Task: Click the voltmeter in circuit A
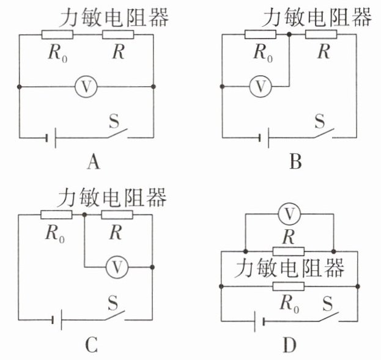(x=86, y=86)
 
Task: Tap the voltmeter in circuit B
(x=261, y=86)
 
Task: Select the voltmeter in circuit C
(x=117, y=267)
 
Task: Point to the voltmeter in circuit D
(x=289, y=214)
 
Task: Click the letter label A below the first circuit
(x=94, y=162)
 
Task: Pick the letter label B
(x=295, y=161)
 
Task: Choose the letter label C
(x=92, y=345)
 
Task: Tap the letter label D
(x=290, y=345)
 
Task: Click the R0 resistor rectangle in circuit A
(x=57, y=34)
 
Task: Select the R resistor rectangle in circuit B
(x=321, y=34)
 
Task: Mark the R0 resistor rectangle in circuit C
(x=56, y=215)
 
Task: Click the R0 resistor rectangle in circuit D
(x=289, y=287)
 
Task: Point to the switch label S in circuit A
(x=114, y=121)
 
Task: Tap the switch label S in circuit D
(x=327, y=304)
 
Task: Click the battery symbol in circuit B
(x=264, y=138)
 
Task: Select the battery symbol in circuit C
(x=57, y=320)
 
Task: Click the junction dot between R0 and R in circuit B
(x=289, y=34)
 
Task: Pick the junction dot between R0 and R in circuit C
(x=84, y=215)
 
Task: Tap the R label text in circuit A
(x=118, y=52)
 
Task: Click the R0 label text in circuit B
(x=263, y=53)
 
